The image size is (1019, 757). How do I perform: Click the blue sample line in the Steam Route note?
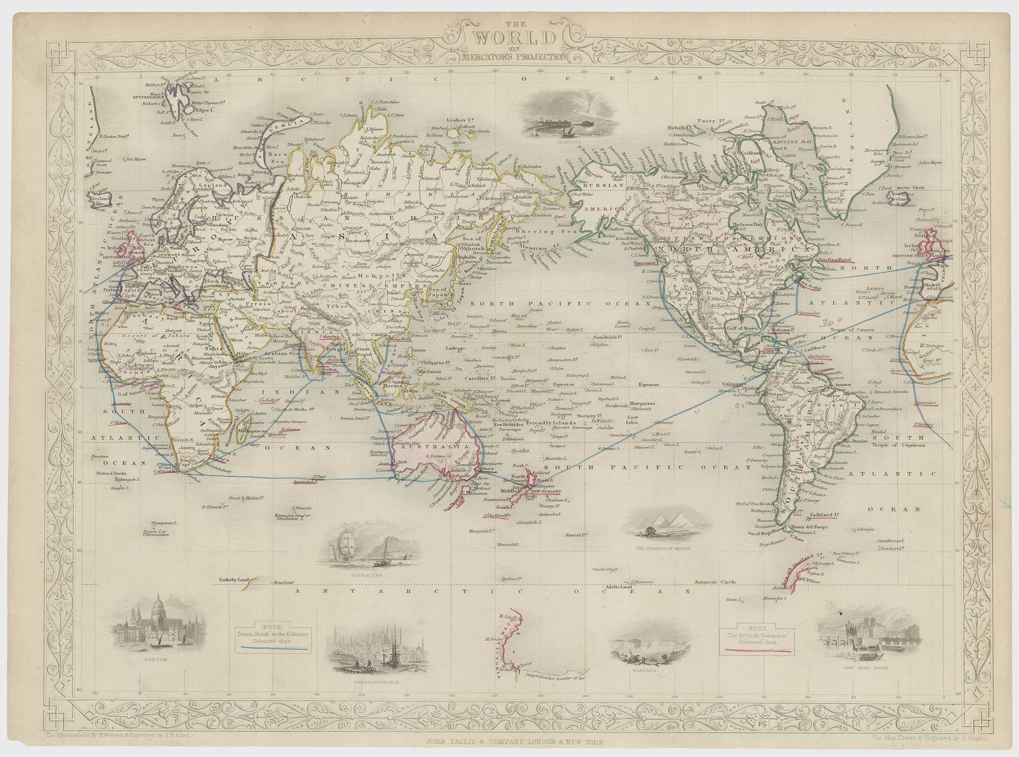(275, 648)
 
